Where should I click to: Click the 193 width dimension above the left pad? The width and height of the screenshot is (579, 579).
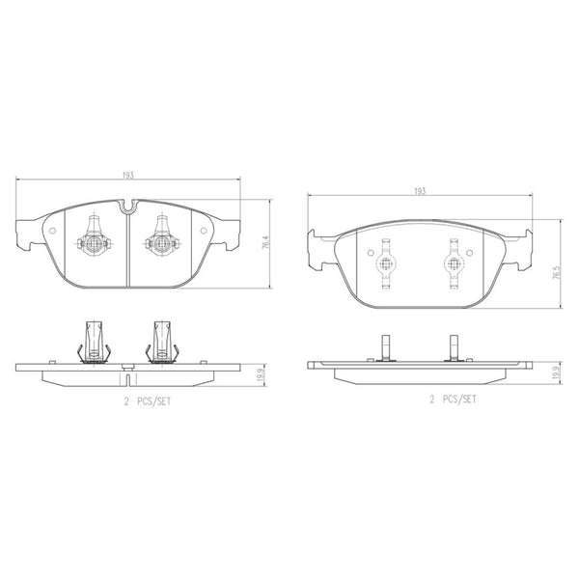(x=127, y=175)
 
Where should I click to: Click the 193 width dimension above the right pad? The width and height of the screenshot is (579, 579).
(x=420, y=191)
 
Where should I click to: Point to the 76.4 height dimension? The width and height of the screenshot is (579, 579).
(x=265, y=243)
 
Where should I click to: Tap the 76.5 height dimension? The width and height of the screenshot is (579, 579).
(x=557, y=272)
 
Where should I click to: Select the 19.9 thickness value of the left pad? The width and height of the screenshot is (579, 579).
(x=261, y=375)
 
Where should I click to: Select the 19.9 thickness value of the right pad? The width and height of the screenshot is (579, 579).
(x=556, y=372)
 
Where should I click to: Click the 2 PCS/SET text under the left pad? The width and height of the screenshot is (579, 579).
(x=148, y=401)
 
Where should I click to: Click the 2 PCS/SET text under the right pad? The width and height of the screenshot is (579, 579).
(x=454, y=400)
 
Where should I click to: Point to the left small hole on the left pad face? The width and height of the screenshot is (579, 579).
(x=52, y=231)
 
